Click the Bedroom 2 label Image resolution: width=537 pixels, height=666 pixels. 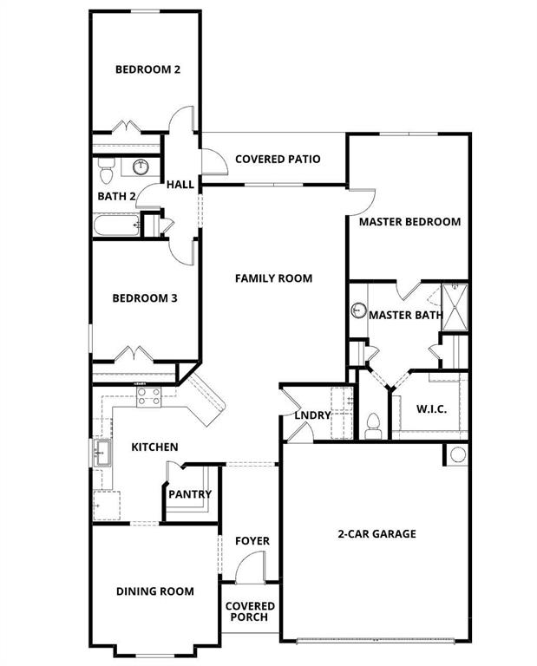[147, 69]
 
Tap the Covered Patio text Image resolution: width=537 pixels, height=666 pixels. [278, 159]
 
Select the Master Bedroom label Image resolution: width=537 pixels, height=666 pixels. [409, 221]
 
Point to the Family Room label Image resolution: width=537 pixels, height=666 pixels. [273, 278]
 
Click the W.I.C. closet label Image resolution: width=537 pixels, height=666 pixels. [431, 408]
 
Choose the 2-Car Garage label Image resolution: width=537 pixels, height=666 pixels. [377, 533]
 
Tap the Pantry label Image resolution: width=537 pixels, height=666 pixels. [190, 494]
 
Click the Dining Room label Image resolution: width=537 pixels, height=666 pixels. [155, 591]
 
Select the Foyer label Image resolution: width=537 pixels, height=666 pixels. [252, 541]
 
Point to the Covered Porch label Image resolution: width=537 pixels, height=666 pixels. [251, 612]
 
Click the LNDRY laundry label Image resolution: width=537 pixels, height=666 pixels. [312, 415]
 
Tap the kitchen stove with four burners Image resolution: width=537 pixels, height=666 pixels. [148, 397]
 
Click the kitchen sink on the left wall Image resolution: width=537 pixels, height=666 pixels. [102, 453]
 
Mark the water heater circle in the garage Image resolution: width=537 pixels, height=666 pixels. [457, 454]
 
